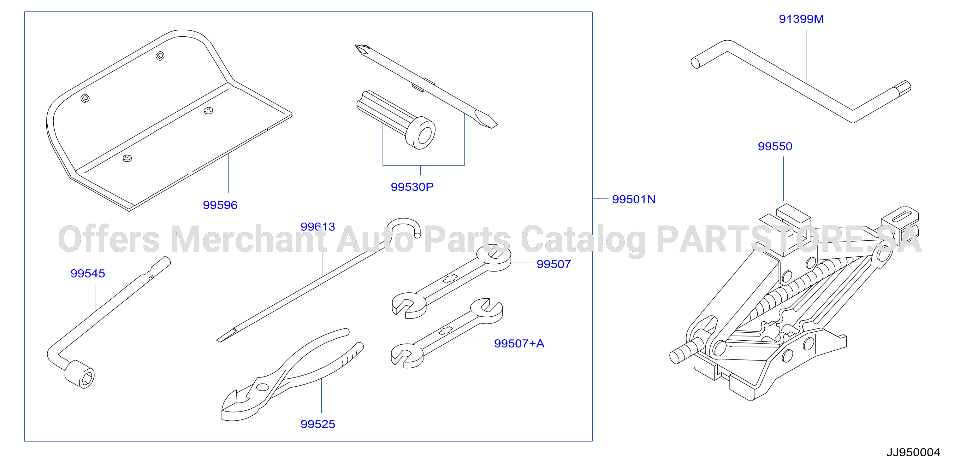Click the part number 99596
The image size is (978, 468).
tap(220, 205)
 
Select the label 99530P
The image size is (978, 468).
tap(412, 187)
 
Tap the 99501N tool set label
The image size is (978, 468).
tap(634, 200)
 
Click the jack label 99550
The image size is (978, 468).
tap(775, 146)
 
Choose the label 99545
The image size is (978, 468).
tap(88, 273)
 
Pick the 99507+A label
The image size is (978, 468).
tap(519, 344)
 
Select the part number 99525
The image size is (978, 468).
tap(318, 424)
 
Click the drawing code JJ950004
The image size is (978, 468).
tap(913, 453)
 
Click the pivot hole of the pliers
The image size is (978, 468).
tap(262, 387)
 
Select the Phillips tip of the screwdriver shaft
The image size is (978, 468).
tap(363, 49)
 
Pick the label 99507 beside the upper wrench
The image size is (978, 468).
tap(554, 264)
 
